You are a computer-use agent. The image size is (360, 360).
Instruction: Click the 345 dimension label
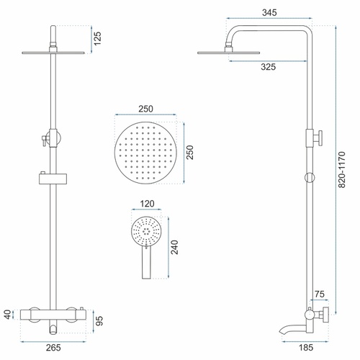(269, 12)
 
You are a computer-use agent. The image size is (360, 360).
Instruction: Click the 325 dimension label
(268, 67)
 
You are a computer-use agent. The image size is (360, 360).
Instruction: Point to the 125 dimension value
(97, 38)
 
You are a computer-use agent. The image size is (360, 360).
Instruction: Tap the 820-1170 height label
(341, 169)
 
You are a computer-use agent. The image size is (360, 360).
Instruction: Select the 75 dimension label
(320, 294)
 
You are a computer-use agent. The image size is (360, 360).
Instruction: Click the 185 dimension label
(306, 347)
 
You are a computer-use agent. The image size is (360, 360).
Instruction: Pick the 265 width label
(53, 347)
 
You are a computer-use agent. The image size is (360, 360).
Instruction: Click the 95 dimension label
(99, 320)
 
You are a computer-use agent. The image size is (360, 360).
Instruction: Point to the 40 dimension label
(8, 315)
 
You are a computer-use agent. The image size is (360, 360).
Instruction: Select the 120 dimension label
(147, 204)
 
